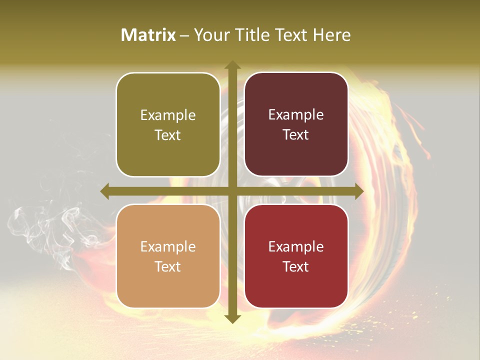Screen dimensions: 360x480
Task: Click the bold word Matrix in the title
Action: click(x=148, y=35)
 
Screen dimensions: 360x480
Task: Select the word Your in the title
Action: click(x=210, y=35)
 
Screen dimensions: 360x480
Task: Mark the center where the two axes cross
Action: click(x=232, y=191)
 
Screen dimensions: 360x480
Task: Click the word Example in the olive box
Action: click(x=168, y=115)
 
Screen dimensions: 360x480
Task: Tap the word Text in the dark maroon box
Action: click(x=296, y=135)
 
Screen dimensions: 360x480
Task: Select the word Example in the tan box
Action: click(x=168, y=247)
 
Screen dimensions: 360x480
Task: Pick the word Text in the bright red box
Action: click(x=296, y=266)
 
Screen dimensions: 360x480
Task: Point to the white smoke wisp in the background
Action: click(x=45, y=225)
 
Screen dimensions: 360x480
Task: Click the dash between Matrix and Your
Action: click(x=184, y=35)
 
